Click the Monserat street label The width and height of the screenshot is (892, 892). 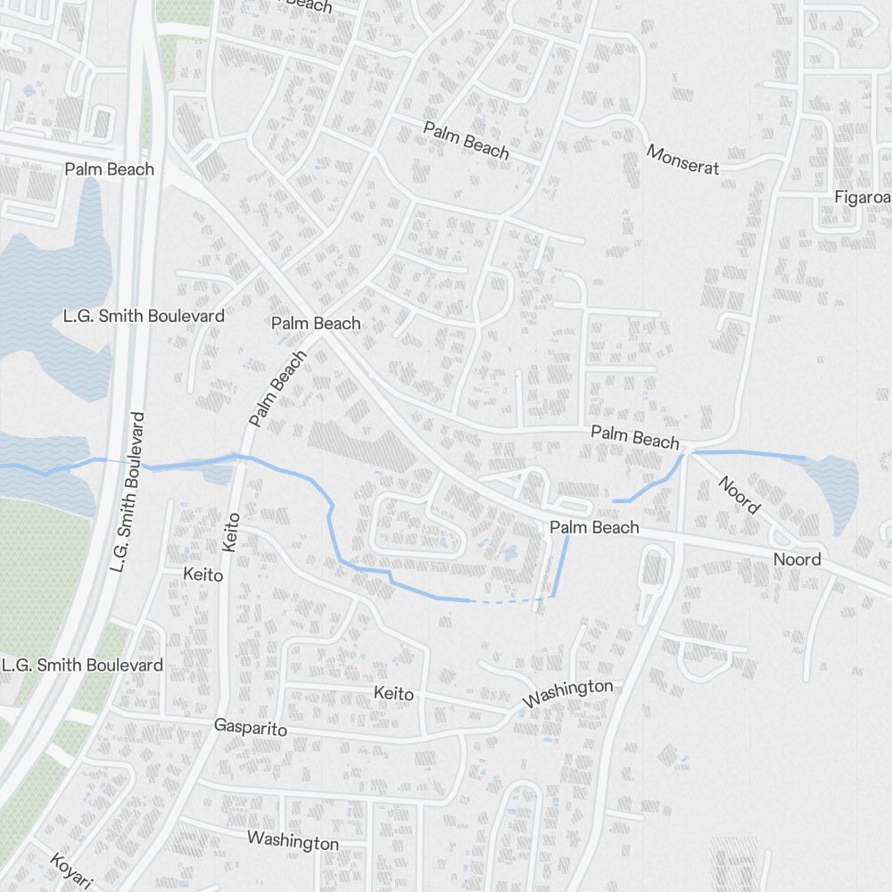pyautogui.click(x=682, y=159)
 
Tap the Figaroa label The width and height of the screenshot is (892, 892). pyautogui.click(x=862, y=197)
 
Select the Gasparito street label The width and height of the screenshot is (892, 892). pyautogui.click(x=251, y=728)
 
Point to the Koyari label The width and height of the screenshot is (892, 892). pyautogui.click(x=70, y=871)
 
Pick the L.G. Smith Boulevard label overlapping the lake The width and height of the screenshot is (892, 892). pyautogui.click(x=144, y=316)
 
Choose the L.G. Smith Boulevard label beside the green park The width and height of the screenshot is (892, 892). pyautogui.click(x=82, y=665)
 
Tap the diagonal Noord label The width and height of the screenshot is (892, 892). pyautogui.click(x=739, y=495)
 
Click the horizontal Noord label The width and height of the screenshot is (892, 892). pyautogui.click(x=797, y=559)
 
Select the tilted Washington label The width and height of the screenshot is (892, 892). pyautogui.click(x=568, y=693)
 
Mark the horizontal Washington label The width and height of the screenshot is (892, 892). pyautogui.click(x=293, y=840)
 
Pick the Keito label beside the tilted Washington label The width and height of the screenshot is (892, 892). pyautogui.click(x=393, y=693)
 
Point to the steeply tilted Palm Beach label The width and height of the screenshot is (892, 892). pyautogui.click(x=277, y=388)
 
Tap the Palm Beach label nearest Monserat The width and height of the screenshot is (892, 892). pyautogui.click(x=466, y=141)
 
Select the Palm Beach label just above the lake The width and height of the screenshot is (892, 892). pyautogui.click(x=110, y=169)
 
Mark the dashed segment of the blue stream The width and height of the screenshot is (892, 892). pyautogui.click(x=505, y=602)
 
